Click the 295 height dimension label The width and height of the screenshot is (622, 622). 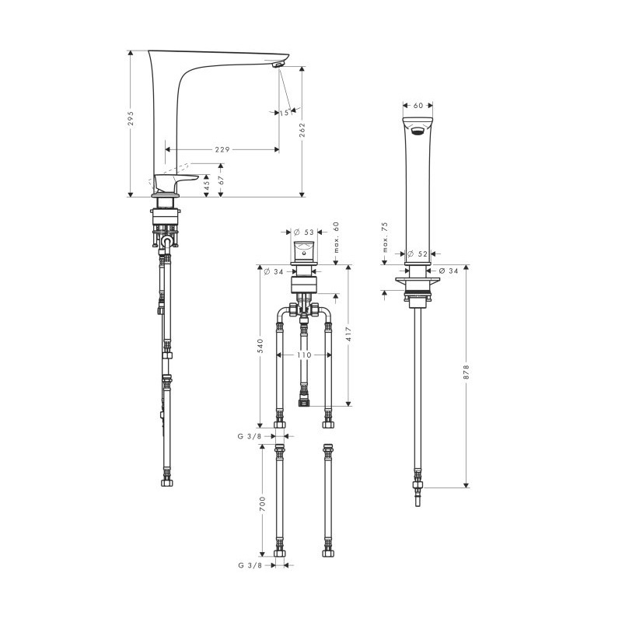[131, 119]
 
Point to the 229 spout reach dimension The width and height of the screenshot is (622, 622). [222, 149]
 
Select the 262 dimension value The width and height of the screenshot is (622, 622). [302, 130]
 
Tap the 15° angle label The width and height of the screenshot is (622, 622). [285, 113]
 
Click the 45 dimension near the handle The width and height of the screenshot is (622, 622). [206, 186]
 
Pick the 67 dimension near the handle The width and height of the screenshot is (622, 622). [222, 180]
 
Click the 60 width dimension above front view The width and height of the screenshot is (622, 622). [418, 106]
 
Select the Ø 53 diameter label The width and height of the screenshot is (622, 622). [303, 232]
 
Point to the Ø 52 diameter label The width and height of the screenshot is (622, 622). [418, 254]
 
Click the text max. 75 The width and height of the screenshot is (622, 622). [384, 237]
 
